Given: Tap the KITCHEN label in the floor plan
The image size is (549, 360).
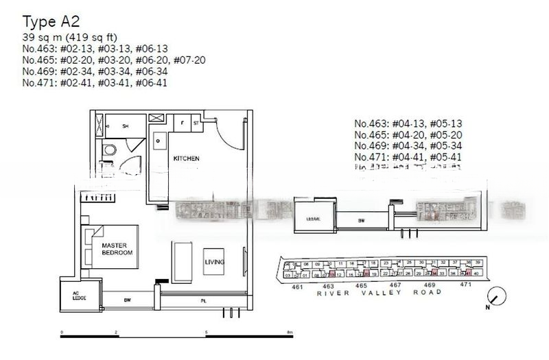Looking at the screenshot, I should (x=186, y=158).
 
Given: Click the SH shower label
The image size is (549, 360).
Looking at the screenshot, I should (x=126, y=126).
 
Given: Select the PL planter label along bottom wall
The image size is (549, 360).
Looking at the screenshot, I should (x=204, y=300).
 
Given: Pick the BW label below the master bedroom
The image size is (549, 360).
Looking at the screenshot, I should (x=127, y=300).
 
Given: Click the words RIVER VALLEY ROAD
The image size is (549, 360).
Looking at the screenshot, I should (x=379, y=293).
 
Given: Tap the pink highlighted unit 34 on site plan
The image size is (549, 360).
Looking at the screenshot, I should (x=434, y=273).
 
